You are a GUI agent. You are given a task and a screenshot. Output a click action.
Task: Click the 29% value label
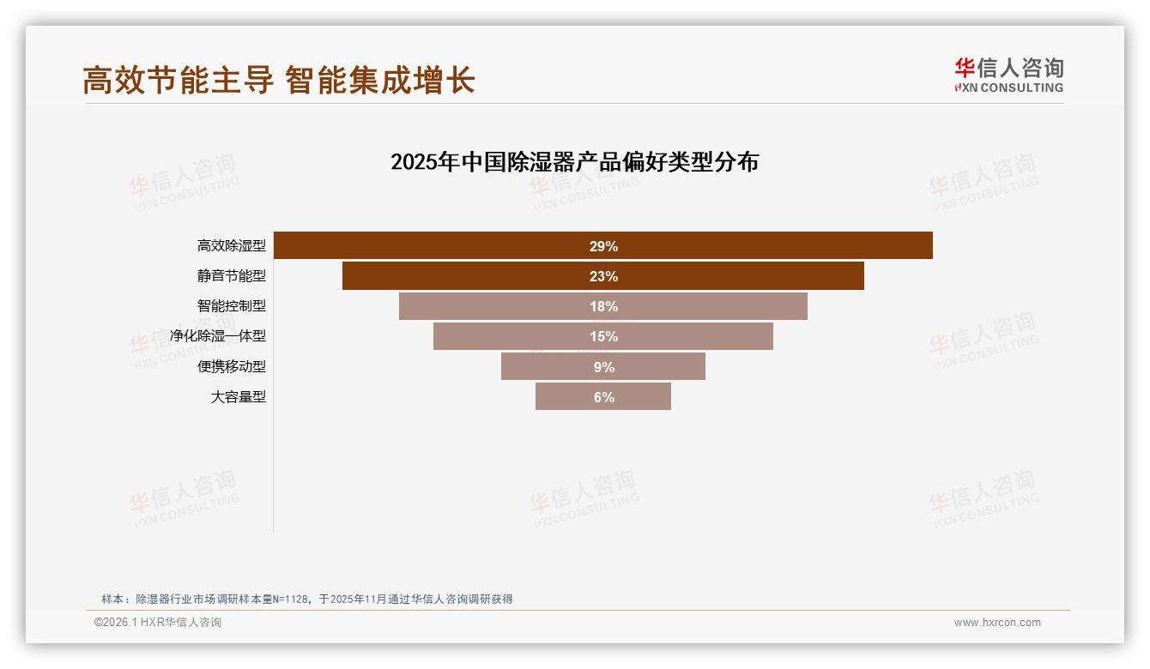[603, 246]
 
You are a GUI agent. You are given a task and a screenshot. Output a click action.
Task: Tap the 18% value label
[603, 306]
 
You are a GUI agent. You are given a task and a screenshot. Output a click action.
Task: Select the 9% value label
[603, 367]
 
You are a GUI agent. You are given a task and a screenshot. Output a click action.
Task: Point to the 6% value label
[603, 397]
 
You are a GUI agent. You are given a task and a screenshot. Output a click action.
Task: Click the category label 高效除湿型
[232, 246]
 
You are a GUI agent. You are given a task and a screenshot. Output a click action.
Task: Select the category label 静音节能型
[232, 276]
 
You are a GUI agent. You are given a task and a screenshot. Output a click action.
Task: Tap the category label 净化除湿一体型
[218, 336]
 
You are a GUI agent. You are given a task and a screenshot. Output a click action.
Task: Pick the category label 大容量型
[239, 397]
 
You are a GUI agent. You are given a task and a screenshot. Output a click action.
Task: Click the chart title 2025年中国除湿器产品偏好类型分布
[574, 161]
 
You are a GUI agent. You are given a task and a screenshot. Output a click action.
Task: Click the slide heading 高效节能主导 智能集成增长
[279, 81]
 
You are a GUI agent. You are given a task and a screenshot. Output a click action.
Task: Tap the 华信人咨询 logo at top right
[1008, 75]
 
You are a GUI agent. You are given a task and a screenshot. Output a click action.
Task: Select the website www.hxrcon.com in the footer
[997, 623]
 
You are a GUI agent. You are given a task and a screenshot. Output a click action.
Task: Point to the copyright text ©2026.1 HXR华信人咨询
[158, 623]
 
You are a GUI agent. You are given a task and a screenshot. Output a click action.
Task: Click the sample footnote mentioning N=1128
[307, 599]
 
